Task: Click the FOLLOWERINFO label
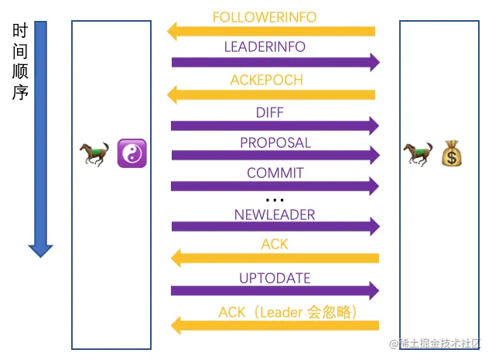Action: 265,17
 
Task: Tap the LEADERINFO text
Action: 265,47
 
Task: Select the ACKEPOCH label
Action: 267,81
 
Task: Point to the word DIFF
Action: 270,113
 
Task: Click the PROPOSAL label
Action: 275,143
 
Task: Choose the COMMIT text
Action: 275,173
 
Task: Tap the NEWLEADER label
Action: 275,215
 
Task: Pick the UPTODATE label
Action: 275,279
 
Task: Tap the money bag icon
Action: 452,153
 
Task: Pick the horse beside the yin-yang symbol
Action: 94,154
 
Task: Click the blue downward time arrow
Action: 40,139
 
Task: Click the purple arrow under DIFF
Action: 275,126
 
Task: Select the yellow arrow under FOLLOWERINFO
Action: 272,31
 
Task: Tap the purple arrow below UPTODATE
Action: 275,291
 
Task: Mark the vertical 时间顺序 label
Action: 21,62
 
